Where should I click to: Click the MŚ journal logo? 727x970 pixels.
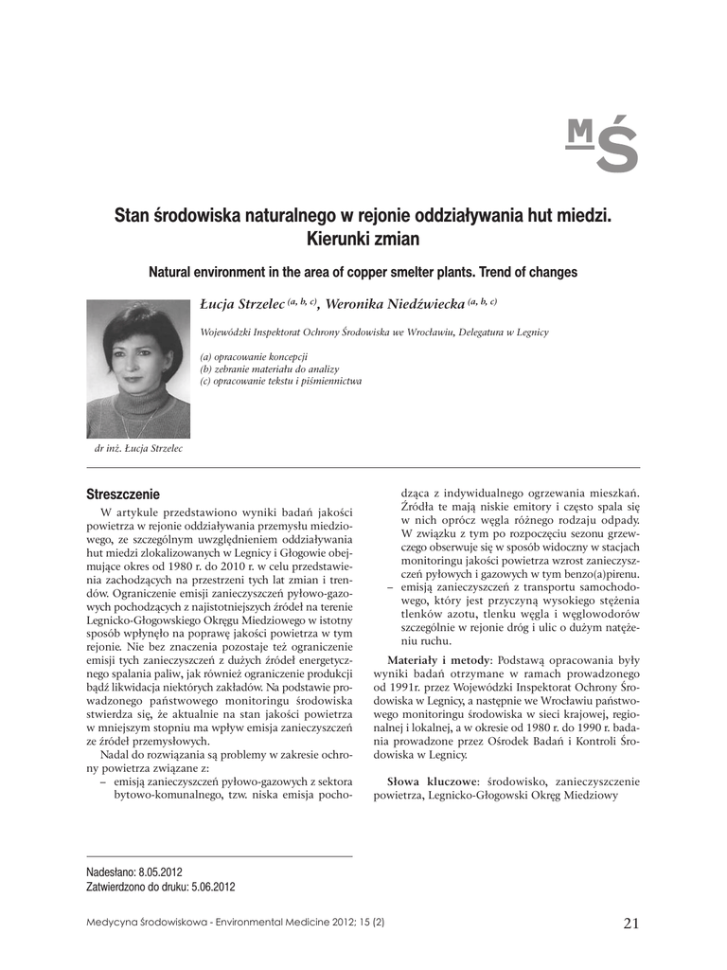(601, 144)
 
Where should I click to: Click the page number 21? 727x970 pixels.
(631, 923)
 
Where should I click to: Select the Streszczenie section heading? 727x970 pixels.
(123, 494)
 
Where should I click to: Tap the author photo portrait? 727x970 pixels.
(138, 368)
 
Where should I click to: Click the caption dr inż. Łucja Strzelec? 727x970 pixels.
(138, 449)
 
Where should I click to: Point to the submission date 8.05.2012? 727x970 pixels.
(161, 871)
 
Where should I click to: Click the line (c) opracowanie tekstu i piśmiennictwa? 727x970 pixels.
(280, 381)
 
